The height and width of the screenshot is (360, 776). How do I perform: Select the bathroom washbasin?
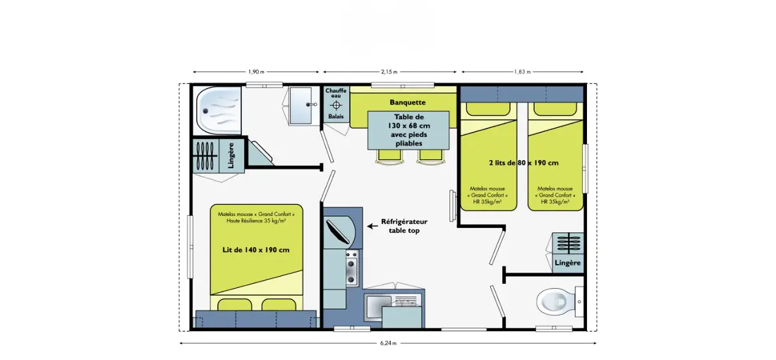pos(301,105)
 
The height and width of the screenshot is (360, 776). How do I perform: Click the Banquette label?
pos(407,102)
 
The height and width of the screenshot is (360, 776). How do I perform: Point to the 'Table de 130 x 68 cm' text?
pos(408,122)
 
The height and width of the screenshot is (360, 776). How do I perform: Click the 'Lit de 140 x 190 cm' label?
pos(256,250)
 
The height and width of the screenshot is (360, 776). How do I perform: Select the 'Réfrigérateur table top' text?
pos(404,227)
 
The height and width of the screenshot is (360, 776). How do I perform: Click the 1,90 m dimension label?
pos(256,72)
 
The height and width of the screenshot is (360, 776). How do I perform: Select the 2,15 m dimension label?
pos(389,72)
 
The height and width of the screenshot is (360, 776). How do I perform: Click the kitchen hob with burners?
pos(351,268)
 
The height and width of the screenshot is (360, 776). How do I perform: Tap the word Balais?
pos(336,117)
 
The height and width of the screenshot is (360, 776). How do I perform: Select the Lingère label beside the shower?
pos(231,155)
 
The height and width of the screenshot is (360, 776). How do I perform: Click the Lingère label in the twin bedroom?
pos(568,263)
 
